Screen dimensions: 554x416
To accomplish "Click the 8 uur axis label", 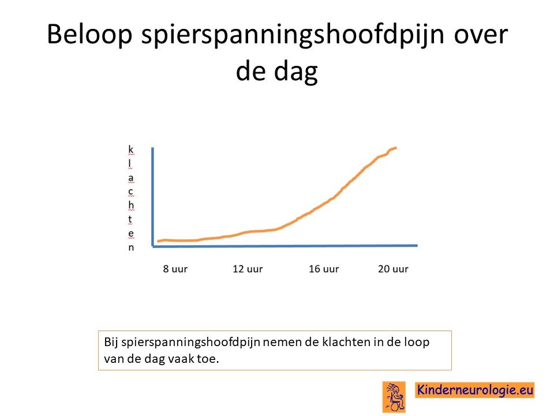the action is click(175, 269).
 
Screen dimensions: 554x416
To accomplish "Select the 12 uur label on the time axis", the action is click(248, 269).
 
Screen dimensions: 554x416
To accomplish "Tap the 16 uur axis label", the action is click(324, 269).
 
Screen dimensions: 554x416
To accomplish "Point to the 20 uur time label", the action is click(393, 269).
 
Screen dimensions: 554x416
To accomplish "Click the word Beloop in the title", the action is click(89, 35).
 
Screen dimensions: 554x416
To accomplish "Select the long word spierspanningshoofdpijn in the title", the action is click(293, 35).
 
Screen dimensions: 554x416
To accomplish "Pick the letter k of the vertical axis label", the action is click(131, 149).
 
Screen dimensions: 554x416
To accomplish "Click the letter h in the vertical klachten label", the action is click(131, 205).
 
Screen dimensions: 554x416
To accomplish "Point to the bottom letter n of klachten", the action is click(131, 247).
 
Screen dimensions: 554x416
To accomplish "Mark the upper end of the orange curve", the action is click(396, 147).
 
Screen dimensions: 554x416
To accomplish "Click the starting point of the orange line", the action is click(158, 242).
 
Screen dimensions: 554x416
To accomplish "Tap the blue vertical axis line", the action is click(152, 196).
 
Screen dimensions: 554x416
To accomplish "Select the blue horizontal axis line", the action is click(285, 246).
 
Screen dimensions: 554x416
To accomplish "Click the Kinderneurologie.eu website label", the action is click(474, 390).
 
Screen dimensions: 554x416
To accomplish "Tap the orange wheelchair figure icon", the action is click(394, 397).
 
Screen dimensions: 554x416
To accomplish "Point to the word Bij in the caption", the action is click(111, 343).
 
